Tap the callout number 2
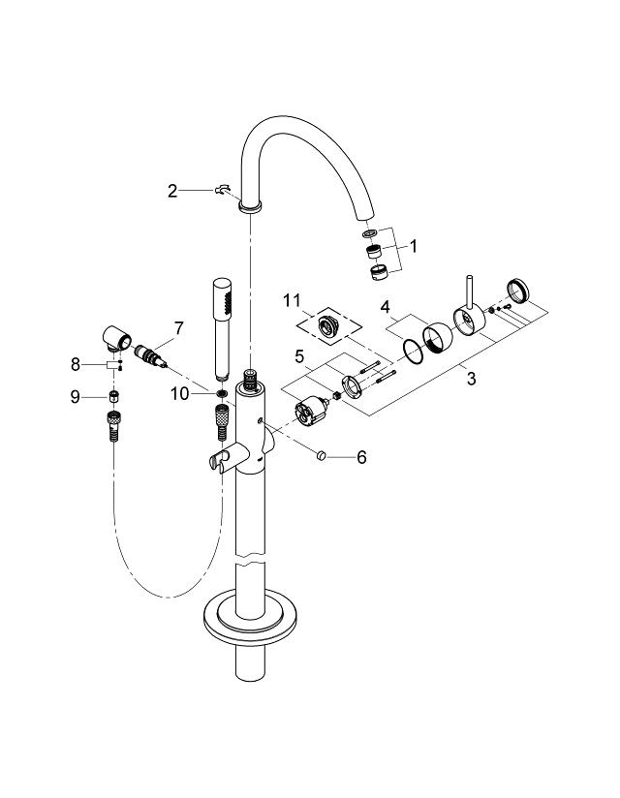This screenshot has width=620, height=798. (172, 191)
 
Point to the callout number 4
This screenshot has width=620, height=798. (385, 308)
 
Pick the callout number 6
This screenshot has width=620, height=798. (361, 456)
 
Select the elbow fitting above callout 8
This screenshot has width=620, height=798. (118, 339)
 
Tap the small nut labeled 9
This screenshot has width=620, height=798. (113, 396)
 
